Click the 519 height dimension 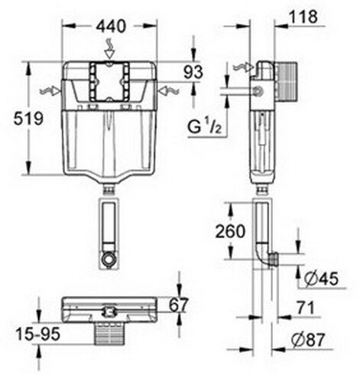click(16, 119)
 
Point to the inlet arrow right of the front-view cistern click(168, 91)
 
